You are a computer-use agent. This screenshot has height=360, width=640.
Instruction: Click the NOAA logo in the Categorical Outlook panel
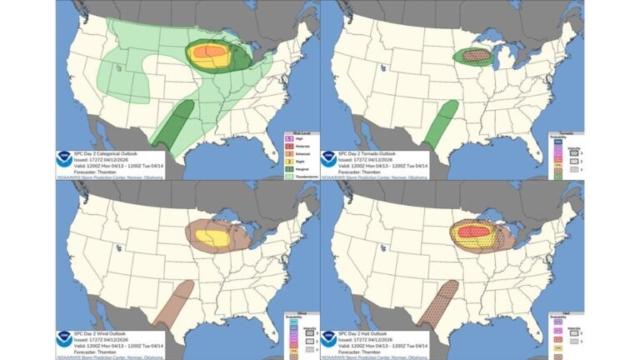[x=67, y=160]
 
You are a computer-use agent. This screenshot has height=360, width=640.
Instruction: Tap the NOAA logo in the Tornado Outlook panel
[x=330, y=160]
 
